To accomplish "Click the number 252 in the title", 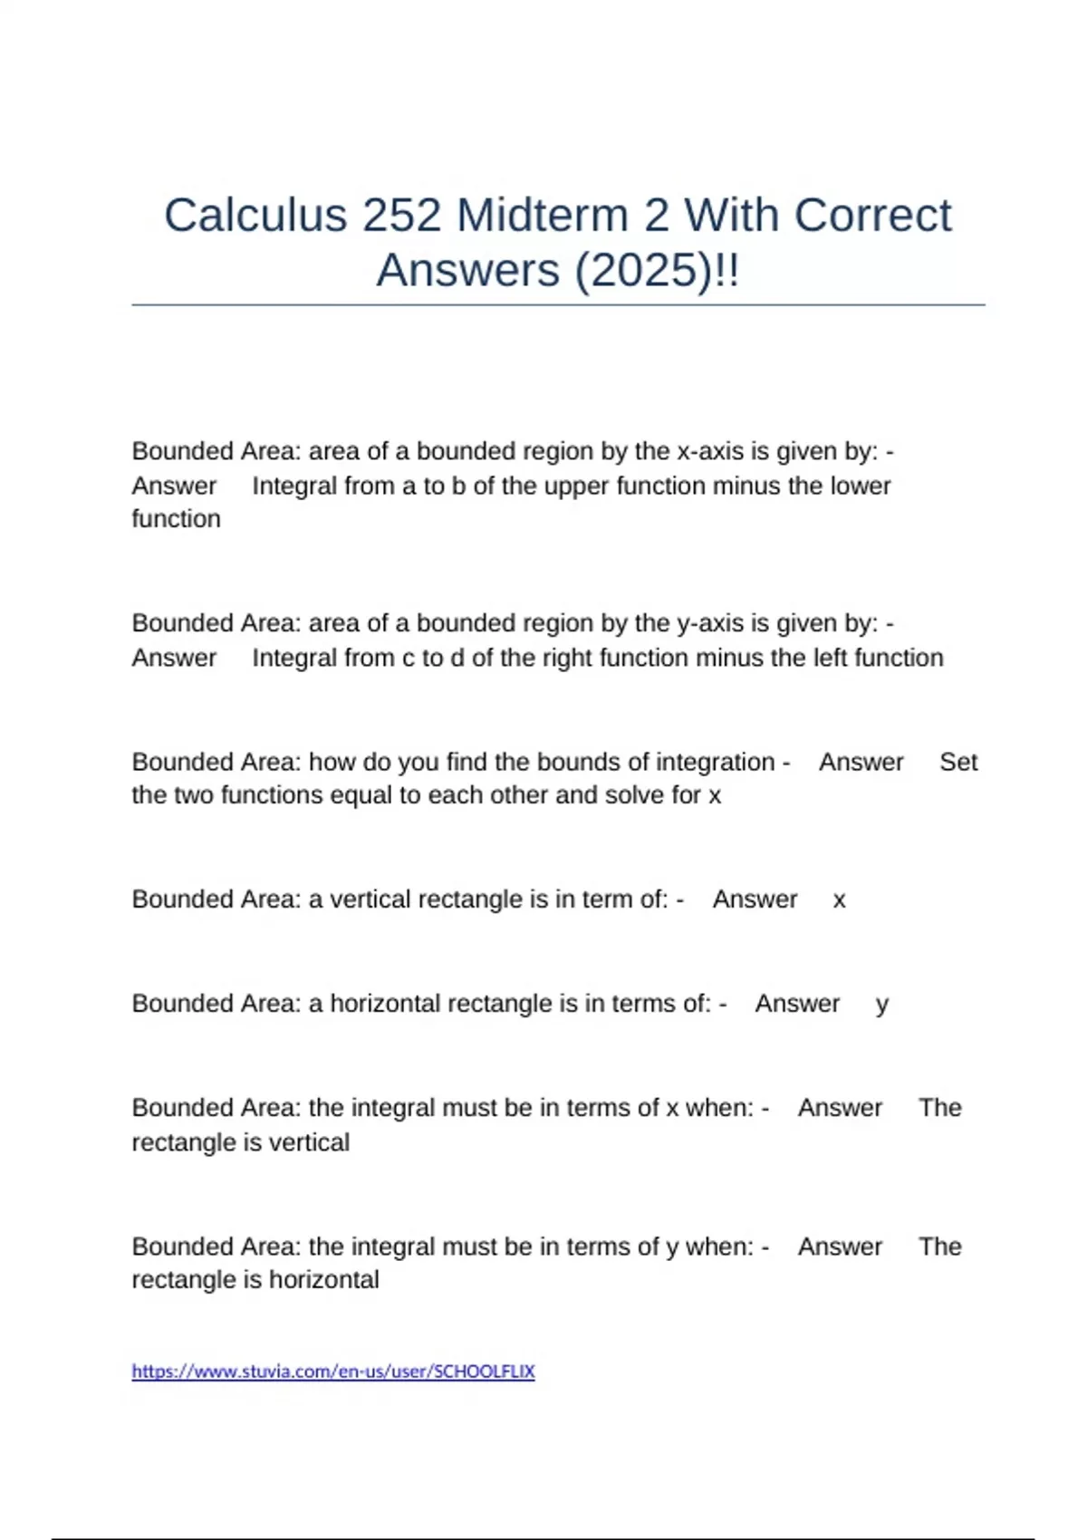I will click(402, 216).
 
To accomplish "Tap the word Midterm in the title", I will click(543, 216).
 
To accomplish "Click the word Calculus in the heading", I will click(255, 216).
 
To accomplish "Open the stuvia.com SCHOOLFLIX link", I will click(333, 1372).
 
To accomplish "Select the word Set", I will click(958, 762).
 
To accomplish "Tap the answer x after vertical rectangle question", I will click(839, 900).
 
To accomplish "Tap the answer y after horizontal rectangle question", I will click(881, 1005).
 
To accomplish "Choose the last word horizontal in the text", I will click(323, 1280).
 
